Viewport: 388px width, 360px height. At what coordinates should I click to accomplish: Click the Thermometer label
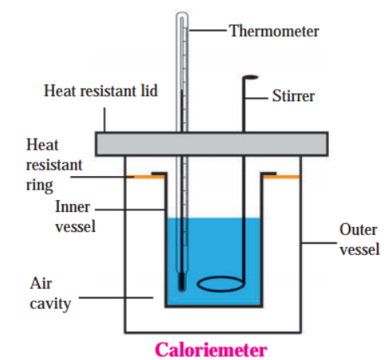tap(274, 31)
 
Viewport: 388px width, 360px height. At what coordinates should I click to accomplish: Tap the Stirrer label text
tap(293, 96)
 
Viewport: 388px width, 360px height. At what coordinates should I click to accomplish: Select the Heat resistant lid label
tap(100, 91)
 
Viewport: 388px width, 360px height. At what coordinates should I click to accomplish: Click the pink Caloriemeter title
tap(211, 350)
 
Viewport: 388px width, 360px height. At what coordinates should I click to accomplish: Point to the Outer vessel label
tap(359, 240)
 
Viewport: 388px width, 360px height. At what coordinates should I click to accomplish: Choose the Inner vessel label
tap(75, 217)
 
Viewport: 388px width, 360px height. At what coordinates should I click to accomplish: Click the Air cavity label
tap(50, 293)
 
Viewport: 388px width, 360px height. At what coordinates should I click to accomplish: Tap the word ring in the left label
tap(40, 186)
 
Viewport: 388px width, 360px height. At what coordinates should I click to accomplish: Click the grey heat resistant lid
tap(212, 143)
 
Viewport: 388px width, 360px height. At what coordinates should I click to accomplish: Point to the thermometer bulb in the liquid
tap(182, 283)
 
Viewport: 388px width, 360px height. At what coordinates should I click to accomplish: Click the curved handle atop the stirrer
tap(250, 77)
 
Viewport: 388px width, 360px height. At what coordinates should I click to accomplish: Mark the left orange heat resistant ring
tap(146, 177)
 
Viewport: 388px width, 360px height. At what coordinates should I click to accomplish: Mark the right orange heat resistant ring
tap(281, 177)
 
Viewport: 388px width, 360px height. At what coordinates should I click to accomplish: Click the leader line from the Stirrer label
tap(256, 98)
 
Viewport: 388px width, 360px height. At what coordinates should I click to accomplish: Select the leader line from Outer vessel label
tap(319, 243)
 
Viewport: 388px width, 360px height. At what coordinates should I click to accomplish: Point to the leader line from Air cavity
tap(116, 298)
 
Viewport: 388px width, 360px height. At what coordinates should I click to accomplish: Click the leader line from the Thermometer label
tap(207, 30)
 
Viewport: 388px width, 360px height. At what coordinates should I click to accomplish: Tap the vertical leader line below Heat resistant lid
tap(104, 119)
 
